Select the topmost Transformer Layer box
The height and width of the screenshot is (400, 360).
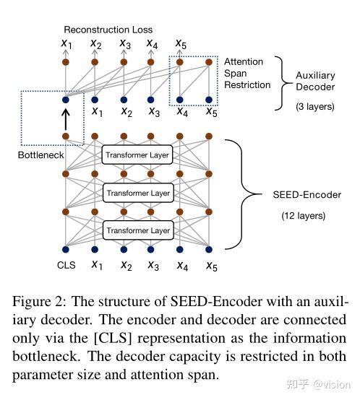pos(137,155)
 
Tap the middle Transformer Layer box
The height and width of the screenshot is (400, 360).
pos(137,193)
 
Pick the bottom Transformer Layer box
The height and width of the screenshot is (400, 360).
pos(137,230)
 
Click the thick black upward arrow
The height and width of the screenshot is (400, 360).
pos(66,117)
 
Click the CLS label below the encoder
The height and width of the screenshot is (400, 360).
pos(66,265)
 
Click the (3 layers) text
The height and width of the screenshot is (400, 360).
pos(315,106)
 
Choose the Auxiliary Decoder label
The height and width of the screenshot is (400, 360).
pos(315,81)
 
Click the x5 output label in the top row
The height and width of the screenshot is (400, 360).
pos(181,44)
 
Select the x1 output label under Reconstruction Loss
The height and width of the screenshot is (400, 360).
pos(67,44)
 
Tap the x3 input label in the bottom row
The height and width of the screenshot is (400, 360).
pos(153,265)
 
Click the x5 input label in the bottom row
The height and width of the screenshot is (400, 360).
pos(210,265)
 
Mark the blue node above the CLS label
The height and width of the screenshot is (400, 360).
pos(66,249)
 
